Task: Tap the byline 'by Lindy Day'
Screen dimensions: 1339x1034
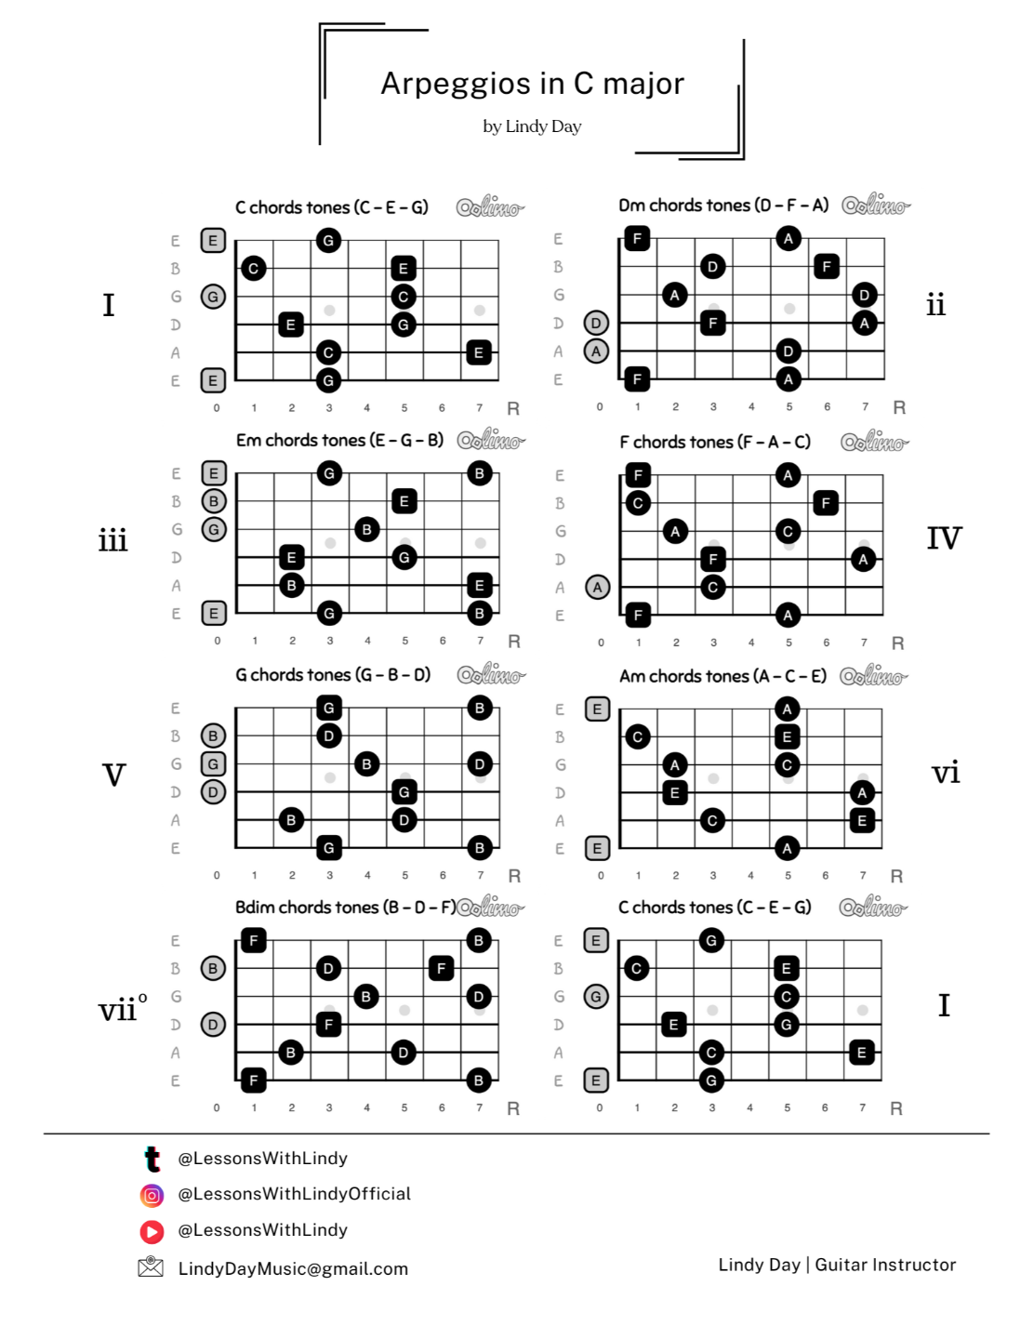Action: (532, 126)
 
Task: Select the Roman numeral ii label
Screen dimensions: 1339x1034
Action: (935, 305)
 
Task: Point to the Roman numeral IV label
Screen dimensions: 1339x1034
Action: (944, 538)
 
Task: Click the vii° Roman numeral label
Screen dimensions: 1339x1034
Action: (122, 1008)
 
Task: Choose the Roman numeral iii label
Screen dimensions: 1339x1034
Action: (113, 540)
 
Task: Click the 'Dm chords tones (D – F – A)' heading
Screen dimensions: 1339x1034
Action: (723, 205)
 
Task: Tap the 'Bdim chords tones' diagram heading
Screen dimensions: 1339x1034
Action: (344, 907)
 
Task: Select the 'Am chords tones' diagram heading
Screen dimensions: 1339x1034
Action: (722, 676)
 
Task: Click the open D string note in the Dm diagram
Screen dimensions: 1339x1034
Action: (596, 323)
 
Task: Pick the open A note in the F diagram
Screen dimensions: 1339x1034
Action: (597, 587)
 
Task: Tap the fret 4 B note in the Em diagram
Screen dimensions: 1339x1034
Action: (366, 529)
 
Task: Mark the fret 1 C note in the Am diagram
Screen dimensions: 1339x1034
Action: (637, 736)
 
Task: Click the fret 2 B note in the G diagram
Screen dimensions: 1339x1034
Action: (291, 820)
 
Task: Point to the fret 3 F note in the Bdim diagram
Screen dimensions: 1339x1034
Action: (328, 1024)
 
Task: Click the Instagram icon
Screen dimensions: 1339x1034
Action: (152, 1195)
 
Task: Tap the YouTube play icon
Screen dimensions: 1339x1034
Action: (152, 1231)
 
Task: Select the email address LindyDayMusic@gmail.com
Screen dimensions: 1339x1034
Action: (293, 1269)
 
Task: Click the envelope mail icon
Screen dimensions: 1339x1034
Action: (151, 1266)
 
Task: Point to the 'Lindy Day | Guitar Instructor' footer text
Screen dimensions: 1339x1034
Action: (837, 1265)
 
